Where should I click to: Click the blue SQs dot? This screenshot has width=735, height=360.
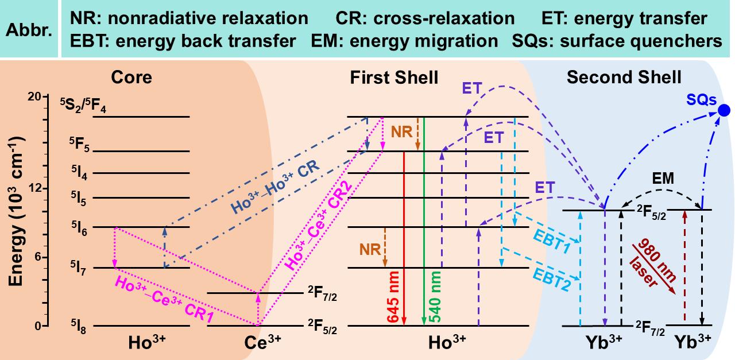pos(724,110)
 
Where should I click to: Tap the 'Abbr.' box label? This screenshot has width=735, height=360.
pos(29,30)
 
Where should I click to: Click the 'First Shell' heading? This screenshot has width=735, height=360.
pos(394,78)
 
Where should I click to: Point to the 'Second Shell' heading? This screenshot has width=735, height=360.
pos(624,78)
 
